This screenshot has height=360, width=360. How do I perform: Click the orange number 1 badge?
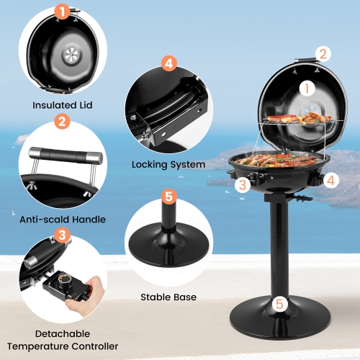[62, 12]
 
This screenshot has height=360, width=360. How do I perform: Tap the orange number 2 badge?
[62, 122]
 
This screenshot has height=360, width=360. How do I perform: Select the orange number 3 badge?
[62, 235]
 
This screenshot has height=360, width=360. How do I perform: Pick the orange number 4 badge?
[168, 63]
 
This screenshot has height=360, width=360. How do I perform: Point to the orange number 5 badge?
[168, 197]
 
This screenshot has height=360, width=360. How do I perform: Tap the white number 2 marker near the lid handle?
[323, 53]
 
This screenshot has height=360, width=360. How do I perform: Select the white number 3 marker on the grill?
[244, 184]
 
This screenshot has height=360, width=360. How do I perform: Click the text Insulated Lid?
[62, 105]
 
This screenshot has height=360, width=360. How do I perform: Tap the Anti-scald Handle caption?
[62, 219]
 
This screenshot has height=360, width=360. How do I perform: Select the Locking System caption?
[168, 165]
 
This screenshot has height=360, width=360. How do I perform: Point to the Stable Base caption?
[168, 296]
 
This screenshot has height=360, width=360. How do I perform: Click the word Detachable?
[62, 334]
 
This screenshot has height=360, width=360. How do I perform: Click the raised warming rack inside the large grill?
[295, 120]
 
